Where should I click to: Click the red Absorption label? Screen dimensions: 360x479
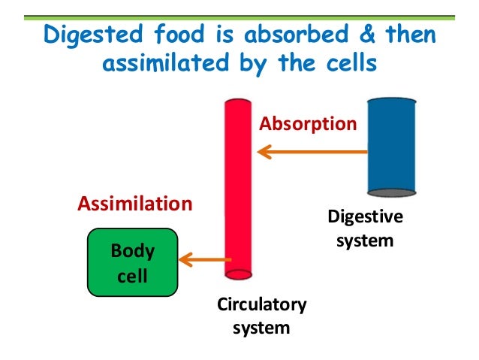tap(308, 123)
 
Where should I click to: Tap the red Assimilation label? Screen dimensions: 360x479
tap(135, 204)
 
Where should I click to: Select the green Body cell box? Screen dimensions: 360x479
tap(133, 262)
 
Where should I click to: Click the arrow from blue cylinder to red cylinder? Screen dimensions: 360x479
tap(312, 153)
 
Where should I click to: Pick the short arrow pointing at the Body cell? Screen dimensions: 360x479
tap(203, 261)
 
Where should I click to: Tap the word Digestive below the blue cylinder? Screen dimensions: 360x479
tap(365, 218)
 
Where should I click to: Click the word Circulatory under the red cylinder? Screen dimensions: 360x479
tap(261, 304)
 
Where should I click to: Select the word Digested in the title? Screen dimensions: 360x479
tap(85, 35)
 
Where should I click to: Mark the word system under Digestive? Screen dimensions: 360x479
tap(365, 242)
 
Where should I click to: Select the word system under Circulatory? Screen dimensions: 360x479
tap(261, 328)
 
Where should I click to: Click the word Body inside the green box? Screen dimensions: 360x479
tap(133, 250)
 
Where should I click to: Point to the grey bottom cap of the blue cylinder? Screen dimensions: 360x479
tap(391, 191)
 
